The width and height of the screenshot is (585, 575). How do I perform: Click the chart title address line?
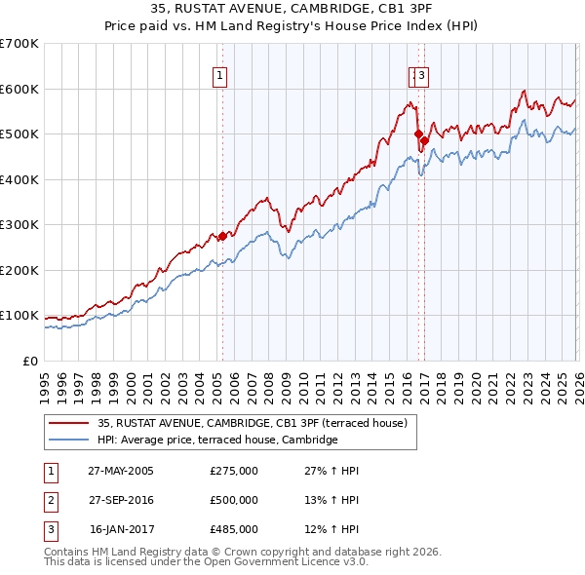tap(292, 9)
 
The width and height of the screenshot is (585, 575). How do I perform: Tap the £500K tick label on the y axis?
tap(19, 134)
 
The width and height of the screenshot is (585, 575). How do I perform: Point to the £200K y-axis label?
tap(19, 270)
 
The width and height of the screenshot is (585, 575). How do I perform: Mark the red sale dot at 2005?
tap(222, 236)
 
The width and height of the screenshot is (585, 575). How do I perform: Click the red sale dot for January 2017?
tap(424, 140)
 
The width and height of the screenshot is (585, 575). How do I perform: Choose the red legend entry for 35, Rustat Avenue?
tap(257, 423)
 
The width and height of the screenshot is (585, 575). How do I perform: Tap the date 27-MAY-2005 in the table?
tap(120, 471)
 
